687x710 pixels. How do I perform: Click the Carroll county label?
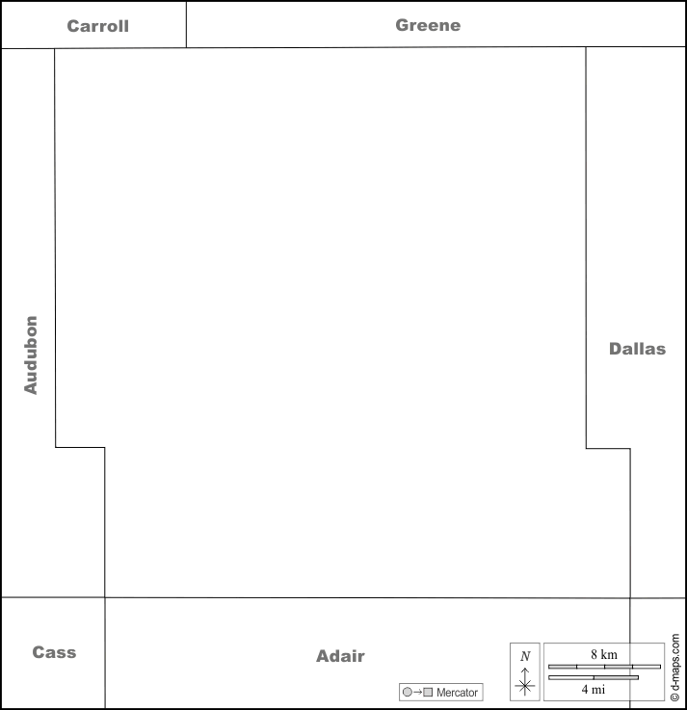(98, 26)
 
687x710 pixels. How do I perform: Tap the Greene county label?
(428, 25)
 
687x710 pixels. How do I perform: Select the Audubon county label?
(30, 355)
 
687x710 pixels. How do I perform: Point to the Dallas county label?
(637, 349)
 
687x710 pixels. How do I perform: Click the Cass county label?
(54, 652)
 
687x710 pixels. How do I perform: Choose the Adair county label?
(340, 656)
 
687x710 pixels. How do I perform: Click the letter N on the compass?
(525, 656)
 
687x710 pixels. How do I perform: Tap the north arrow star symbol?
(525, 686)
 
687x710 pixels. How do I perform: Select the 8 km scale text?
(604, 654)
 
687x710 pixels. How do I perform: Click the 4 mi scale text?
(594, 689)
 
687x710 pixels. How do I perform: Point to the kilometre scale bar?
(604, 667)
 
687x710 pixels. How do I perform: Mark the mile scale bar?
(594, 677)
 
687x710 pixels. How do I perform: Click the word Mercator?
(457, 693)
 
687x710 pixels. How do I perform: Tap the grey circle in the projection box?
(408, 692)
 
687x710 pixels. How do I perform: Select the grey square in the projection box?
(428, 692)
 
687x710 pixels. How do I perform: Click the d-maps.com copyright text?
(674, 667)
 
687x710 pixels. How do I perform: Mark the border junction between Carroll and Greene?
(186, 47)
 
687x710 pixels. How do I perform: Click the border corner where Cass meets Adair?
(105, 597)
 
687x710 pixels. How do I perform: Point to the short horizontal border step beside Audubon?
(80, 447)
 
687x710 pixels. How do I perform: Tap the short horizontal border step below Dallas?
(608, 449)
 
